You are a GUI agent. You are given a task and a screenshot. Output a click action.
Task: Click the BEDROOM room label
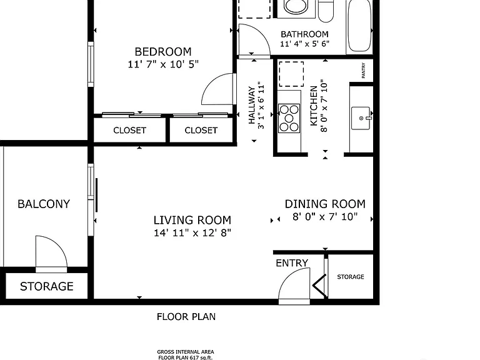coord(163,51)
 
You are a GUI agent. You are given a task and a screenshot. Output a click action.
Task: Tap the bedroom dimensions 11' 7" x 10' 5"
coord(163,64)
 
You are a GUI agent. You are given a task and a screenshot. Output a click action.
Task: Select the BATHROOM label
coord(304,34)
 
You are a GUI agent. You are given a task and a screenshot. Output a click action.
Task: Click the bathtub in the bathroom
coord(359,26)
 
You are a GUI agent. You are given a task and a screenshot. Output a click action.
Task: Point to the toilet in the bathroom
coord(326,11)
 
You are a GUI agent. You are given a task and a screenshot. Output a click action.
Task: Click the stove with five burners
coord(289,118)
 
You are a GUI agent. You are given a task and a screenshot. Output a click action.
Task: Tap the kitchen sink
coord(361,118)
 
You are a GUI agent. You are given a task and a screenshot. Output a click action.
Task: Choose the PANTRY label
coord(363,71)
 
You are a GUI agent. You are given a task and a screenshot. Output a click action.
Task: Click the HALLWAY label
coord(252,105)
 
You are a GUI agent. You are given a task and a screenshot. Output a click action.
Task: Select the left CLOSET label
coord(129,131)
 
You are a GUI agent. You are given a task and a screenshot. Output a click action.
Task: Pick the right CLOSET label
coord(201,131)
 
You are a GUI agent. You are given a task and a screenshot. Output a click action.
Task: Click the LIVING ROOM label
coord(192,220)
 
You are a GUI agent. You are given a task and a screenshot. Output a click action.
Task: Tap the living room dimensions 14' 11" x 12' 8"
coord(192,233)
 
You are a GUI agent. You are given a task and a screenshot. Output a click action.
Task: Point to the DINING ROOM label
coord(325,204)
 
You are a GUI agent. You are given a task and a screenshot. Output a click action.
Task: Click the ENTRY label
coord(292,263)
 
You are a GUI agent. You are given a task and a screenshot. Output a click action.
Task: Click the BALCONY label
coord(44,204)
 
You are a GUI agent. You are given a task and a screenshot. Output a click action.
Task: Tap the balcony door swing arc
coord(57,244)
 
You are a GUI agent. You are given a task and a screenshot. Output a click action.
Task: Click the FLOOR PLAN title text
coord(186,316)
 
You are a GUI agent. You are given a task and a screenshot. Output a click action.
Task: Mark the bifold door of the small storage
coord(319,286)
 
